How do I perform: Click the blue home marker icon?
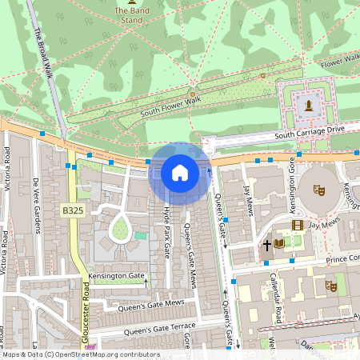[180, 172]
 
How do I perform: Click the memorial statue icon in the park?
[307, 104]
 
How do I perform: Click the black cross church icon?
[267, 244]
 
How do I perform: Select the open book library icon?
[278, 243]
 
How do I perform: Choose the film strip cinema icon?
[298, 226]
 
